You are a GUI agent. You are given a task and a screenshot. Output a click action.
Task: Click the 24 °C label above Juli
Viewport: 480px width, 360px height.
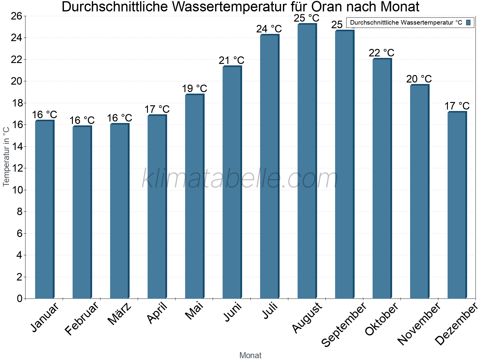tap(269, 29)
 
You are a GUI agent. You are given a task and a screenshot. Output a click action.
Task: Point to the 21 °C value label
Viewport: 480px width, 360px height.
tap(232, 61)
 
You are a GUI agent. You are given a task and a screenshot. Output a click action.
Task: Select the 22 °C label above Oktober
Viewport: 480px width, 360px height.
tap(381, 53)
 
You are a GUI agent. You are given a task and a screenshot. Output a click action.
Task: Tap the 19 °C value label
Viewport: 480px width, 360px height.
tap(194, 89)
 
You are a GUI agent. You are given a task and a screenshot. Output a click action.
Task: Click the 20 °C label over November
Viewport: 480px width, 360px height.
tap(419, 79)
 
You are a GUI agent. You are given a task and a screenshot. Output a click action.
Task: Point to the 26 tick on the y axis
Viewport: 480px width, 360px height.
tap(16, 16)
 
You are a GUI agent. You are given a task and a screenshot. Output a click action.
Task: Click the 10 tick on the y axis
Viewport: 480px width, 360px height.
tap(16, 190)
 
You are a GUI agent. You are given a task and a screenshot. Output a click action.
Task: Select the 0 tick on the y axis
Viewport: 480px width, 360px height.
tap(19, 298)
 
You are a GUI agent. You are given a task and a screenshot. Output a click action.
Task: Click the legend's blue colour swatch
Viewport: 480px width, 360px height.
tap(468, 22)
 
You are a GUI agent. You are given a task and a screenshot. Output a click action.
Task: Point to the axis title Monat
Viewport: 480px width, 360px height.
tap(250, 355)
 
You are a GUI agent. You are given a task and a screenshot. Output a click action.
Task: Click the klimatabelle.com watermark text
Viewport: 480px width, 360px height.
tap(240, 179)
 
